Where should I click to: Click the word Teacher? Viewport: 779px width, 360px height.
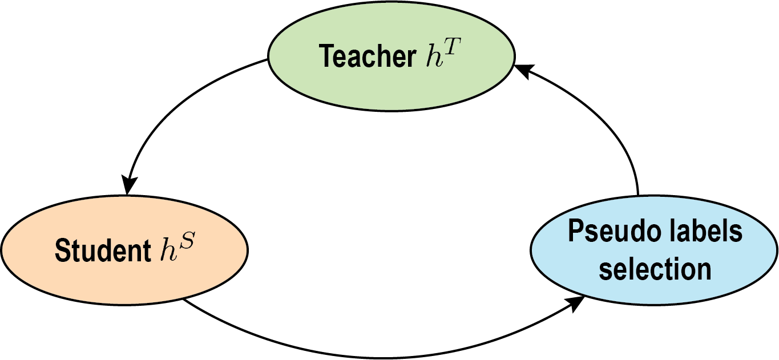(368, 56)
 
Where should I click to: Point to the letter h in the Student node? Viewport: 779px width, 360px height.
(168, 252)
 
